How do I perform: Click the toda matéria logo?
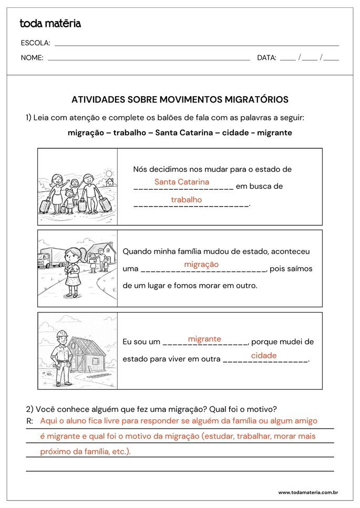click(50, 23)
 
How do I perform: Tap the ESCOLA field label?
click(35, 43)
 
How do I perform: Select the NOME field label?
click(32, 58)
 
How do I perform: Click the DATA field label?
click(266, 58)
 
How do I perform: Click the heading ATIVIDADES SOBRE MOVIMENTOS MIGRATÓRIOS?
click(180, 99)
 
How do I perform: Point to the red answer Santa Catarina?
click(181, 182)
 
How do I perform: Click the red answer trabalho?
click(186, 200)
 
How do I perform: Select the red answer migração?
click(201, 264)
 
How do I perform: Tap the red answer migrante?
click(204, 339)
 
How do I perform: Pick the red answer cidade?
click(263, 356)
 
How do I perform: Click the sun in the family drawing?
click(109, 173)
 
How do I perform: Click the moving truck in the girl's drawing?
click(50, 257)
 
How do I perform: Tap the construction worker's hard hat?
click(62, 334)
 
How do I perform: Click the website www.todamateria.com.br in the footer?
click(307, 492)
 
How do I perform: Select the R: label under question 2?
click(29, 421)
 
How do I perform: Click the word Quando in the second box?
click(136, 252)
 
